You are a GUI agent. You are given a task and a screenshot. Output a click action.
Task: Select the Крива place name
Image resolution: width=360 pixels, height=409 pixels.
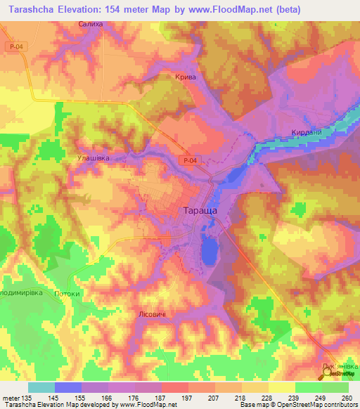[x=184, y=78]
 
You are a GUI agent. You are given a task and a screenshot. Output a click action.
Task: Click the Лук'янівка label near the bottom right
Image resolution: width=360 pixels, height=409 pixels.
[x=340, y=366]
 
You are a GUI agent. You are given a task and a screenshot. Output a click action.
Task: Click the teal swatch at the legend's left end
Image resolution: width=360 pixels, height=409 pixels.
[x=41, y=387]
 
